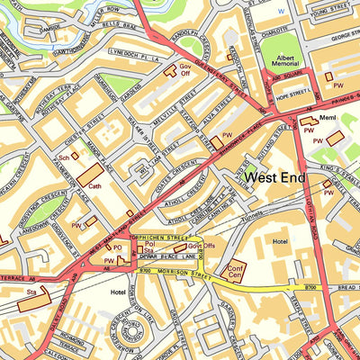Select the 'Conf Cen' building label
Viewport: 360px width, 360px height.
236,271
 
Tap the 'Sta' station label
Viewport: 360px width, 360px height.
30,292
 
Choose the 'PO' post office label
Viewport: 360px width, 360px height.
117,247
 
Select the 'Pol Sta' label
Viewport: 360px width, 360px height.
149,247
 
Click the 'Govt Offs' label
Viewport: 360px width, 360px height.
201,246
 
